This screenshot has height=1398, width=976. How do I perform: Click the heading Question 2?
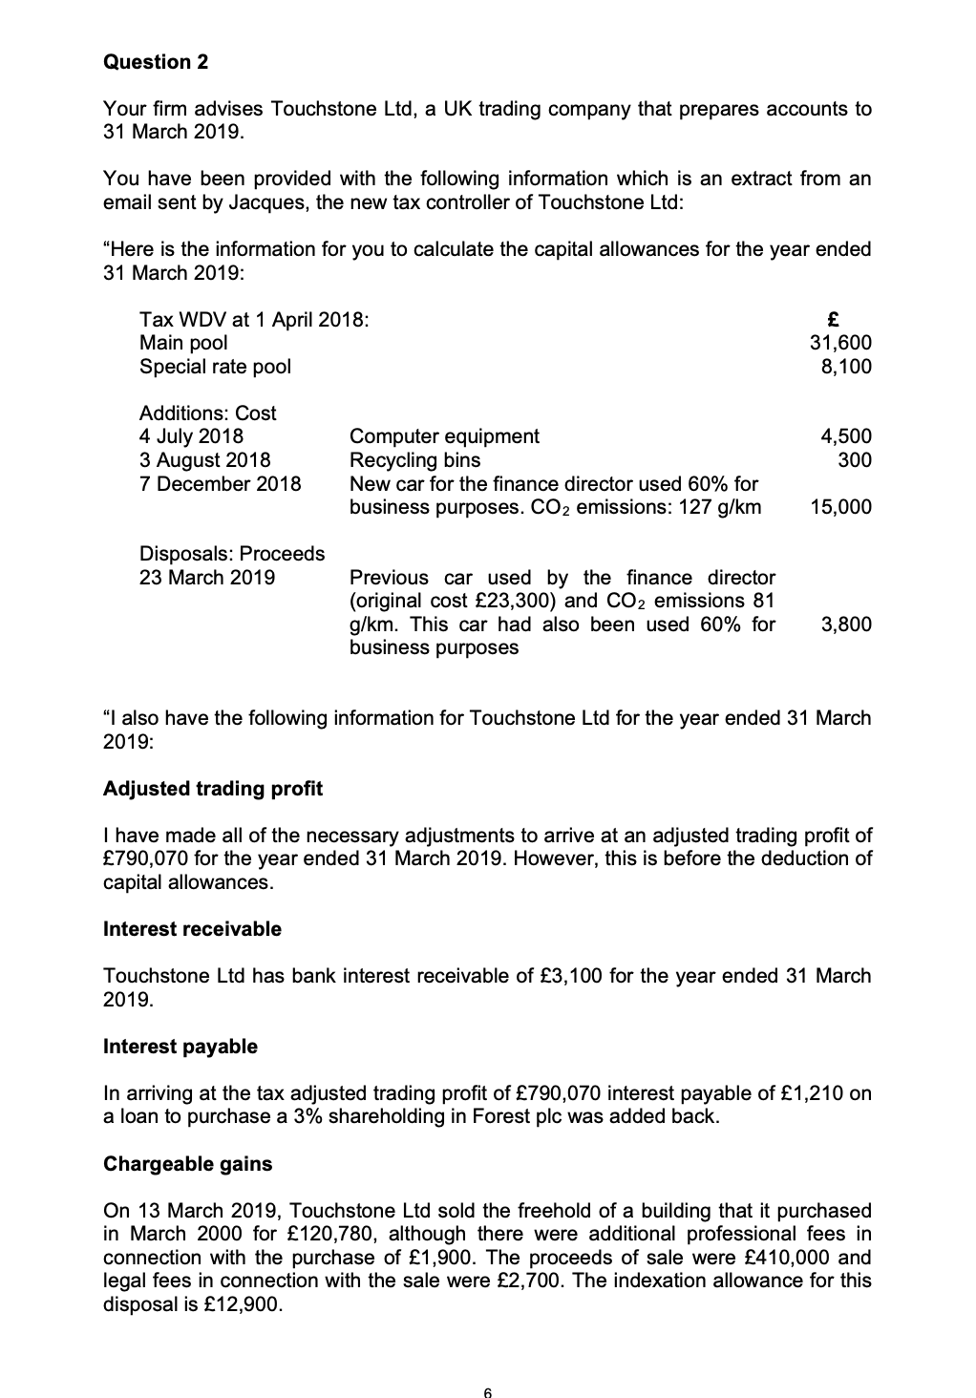[x=156, y=62]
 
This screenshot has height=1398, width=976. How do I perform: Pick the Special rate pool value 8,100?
[x=846, y=366]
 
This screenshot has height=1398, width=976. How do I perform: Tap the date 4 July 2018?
[x=191, y=436]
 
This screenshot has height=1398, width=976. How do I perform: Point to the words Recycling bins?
[x=415, y=459]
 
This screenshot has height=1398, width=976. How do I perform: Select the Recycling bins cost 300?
[x=856, y=459]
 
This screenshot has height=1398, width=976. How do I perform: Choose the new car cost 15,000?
[x=840, y=506]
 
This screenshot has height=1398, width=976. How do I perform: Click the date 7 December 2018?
[x=220, y=483]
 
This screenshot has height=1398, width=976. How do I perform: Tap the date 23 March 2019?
[x=207, y=578]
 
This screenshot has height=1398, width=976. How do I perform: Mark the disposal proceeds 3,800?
[x=846, y=625]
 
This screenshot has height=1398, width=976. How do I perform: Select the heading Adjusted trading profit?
[x=213, y=789]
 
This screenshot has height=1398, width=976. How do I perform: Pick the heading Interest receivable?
[x=192, y=929]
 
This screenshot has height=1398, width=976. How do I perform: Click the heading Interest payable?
[x=180, y=1047]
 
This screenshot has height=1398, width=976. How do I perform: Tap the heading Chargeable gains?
[x=187, y=1164]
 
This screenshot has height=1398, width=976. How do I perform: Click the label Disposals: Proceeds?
[x=232, y=554]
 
